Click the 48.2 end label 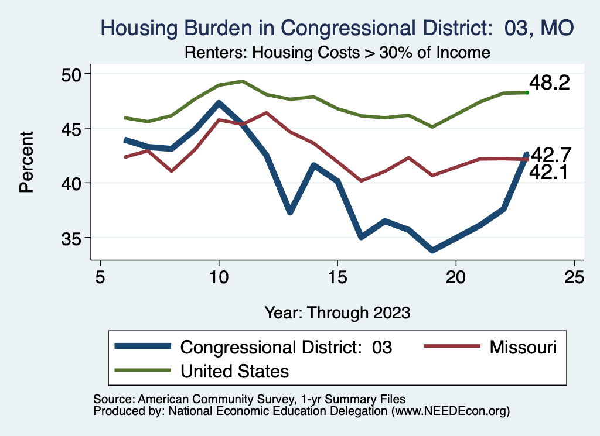(x=549, y=83)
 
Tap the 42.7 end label (x=550, y=155)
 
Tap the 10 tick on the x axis (x=219, y=277)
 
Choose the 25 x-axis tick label (x=575, y=277)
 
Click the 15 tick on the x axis (x=337, y=277)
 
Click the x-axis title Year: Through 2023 (x=337, y=312)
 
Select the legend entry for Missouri (x=516, y=347)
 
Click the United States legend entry (x=234, y=370)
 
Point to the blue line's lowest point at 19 (x=432, y=250)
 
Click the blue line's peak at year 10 (x=219, y=104)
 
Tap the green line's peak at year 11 (x=243, y=81)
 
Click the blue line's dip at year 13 (x=290, y=212)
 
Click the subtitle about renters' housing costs (x=337, y=53)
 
